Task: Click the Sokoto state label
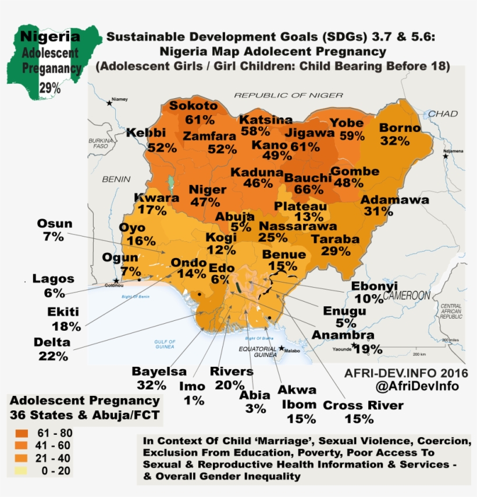pyautogui.click(x=193, y=106)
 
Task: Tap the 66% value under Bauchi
pyautogui.click(x=308, y=189)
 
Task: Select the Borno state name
pyautogui.click(x=399, y=128)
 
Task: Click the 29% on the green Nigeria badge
pyautogui.click(x=49, y=88)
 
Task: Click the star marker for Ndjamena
pyautogui.click(x=445, y=156)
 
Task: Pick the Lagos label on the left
pyautogui.click(x=54, y=278)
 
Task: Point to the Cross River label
pyautogui.click(x=363, y=405)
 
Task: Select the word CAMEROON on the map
pyautogui.click(x=407, y=295)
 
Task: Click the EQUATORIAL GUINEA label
pyautogui.click(x=258, y=352)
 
